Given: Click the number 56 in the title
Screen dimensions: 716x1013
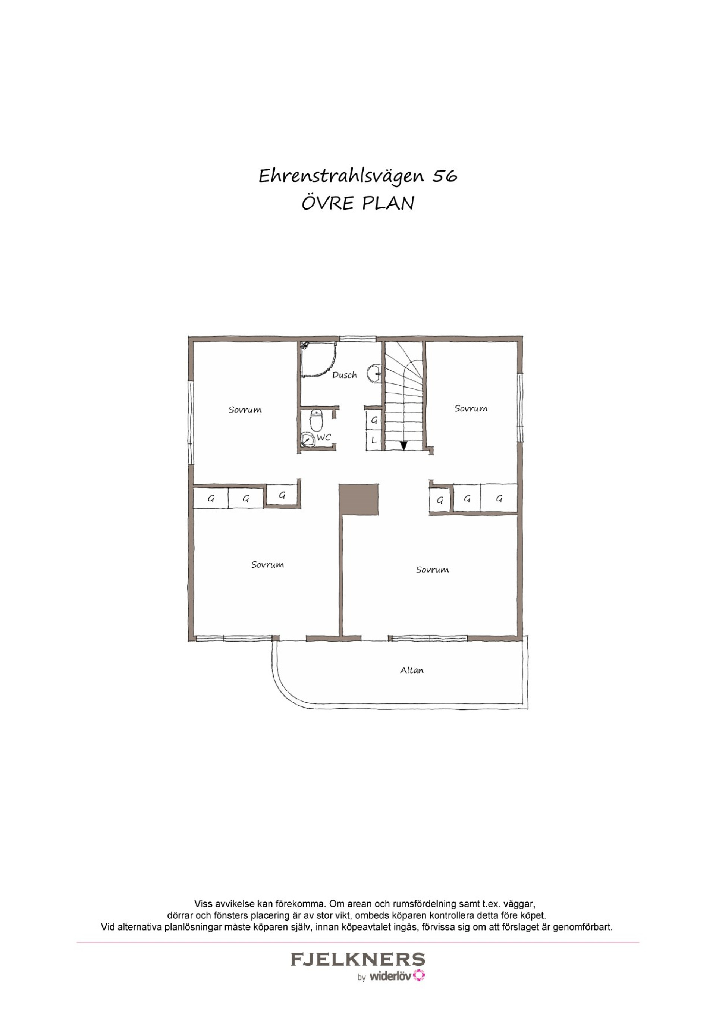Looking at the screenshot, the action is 445,176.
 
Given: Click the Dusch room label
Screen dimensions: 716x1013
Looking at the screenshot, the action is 345,374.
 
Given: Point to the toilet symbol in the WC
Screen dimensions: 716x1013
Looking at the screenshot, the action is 317,420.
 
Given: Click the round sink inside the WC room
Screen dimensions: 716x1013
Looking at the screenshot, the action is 307,439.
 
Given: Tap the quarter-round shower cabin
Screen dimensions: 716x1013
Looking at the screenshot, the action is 319,359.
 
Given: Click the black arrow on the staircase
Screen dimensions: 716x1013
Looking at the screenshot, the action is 403,445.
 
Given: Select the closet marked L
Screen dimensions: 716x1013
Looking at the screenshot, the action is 374,440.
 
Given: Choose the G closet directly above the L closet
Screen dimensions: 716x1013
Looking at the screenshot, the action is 374,420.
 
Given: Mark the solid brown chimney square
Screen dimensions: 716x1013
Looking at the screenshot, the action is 359,499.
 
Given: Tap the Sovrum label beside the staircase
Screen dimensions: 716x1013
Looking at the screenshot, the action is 471,408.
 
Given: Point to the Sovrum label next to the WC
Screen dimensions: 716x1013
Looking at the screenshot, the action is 245,410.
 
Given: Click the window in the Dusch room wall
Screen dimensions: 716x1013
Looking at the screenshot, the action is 358,339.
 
